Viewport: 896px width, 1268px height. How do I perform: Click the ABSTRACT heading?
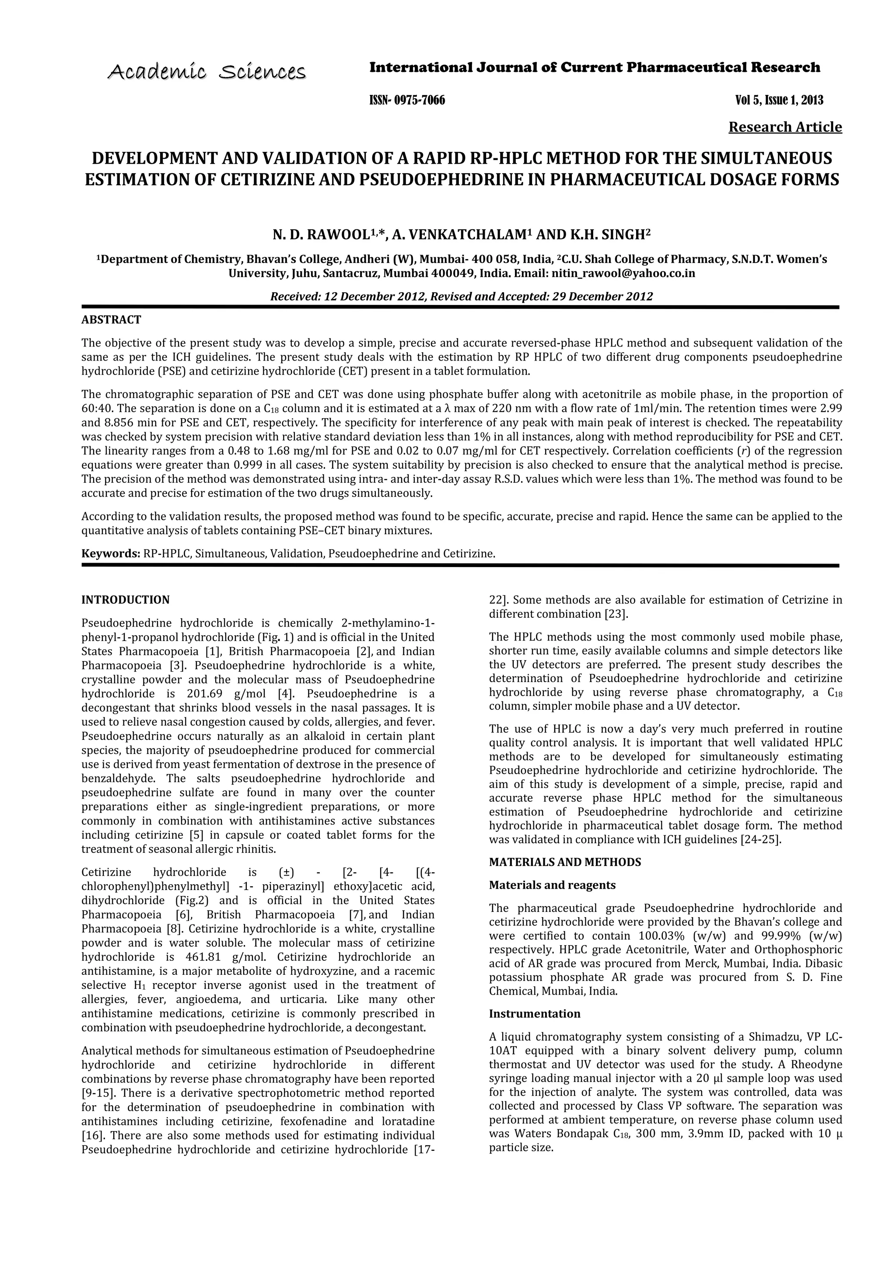coord(111,320)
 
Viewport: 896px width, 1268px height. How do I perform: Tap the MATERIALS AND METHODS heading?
coord(565,862)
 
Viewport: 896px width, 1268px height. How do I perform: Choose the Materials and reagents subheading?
coord(552,885)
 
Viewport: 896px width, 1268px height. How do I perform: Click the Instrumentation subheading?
coord(534,1014)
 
